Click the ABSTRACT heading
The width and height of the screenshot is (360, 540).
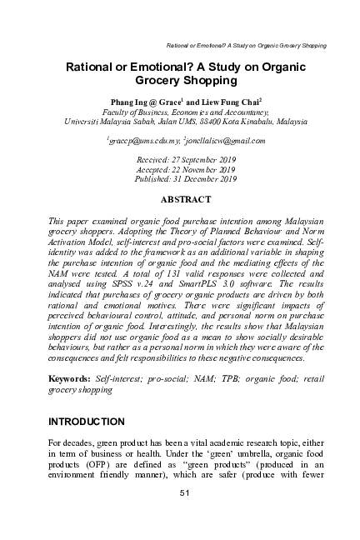[x=187, y=201]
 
